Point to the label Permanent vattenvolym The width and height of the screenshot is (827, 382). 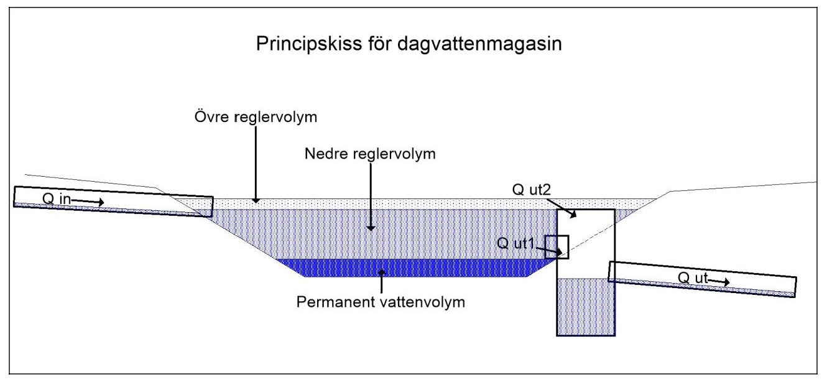[381, 304]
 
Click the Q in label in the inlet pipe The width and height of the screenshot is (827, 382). [57, 198]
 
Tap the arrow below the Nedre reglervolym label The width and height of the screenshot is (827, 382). [370, 199]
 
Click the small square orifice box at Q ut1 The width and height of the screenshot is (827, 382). [557, 247]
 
